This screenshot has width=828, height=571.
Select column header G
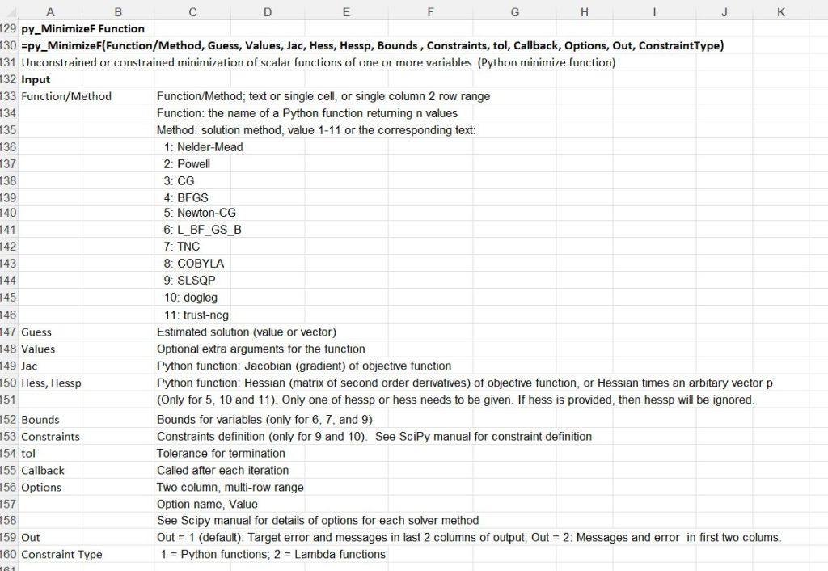click(514, 11)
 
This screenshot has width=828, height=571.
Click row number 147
click(9, 332)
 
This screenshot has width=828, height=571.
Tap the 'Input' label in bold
click(36, 79)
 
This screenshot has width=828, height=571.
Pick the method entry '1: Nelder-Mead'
click(202, 147)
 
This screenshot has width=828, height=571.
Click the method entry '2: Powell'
click(186, 164)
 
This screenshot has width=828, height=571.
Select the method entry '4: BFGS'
click(185, 197)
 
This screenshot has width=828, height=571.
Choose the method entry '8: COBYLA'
click(193, 264)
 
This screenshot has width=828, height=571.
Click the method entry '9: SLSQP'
click(189, 281)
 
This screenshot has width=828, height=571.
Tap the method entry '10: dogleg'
click(190, 298)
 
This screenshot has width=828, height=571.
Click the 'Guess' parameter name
click(36, 332)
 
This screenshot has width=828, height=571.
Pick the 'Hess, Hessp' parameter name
click(51, 383)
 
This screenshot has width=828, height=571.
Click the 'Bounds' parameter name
click(40, 420)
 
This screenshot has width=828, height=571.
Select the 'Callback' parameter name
click(43, 470)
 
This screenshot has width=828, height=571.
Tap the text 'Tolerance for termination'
click(222, 453)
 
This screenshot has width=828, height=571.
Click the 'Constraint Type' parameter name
click(61, 554)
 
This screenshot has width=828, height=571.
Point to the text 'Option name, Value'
click(207, 504)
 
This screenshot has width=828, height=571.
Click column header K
click(780, 11)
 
